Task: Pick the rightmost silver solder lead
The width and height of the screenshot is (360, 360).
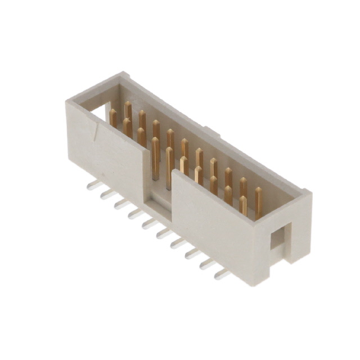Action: click(222, 274)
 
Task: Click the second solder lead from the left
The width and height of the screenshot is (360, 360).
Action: click(107, 194)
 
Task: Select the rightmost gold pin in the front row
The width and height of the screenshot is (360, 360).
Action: click(242, 205)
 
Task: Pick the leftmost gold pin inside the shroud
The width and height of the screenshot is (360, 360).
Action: click(113, 117)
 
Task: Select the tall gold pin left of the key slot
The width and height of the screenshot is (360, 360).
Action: click(155, 157)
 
